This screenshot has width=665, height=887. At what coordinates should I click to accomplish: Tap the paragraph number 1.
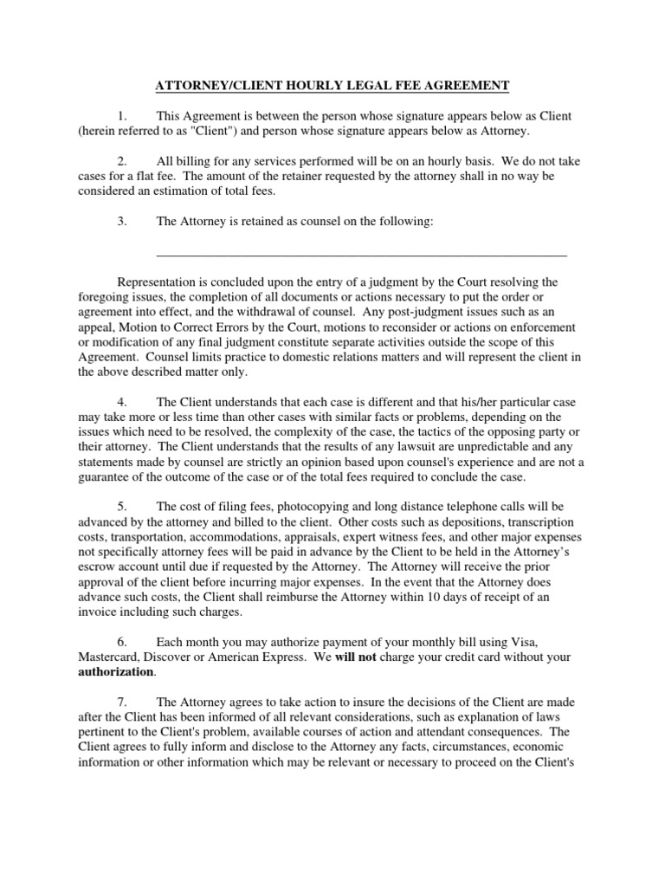click(x=122, y=116)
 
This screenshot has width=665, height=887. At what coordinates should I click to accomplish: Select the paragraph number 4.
click(x=122, y=402)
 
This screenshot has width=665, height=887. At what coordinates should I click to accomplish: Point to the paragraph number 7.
click(x=122, y=702)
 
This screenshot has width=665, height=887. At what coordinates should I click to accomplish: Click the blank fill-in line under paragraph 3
click(x=361, y=254)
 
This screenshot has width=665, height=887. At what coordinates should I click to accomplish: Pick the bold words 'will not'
click(x=358, y=657)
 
